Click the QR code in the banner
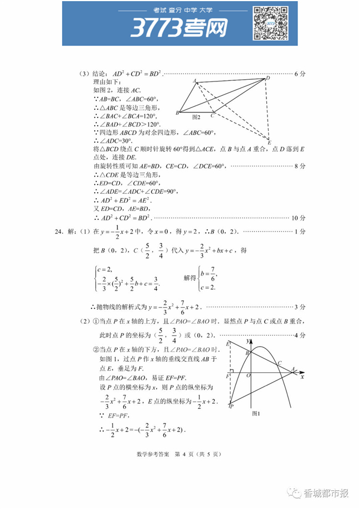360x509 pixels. click(x=269, y=23)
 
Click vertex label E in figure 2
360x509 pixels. click(x=269, y=143)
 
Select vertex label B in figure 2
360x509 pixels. click(x=177, y=113)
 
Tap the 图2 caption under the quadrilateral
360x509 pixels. click(x=196, y=117)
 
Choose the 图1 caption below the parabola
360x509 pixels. click(x=256, y=413)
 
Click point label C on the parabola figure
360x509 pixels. click(x=280, y=363)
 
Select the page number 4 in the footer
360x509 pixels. click(x=183, y=454)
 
